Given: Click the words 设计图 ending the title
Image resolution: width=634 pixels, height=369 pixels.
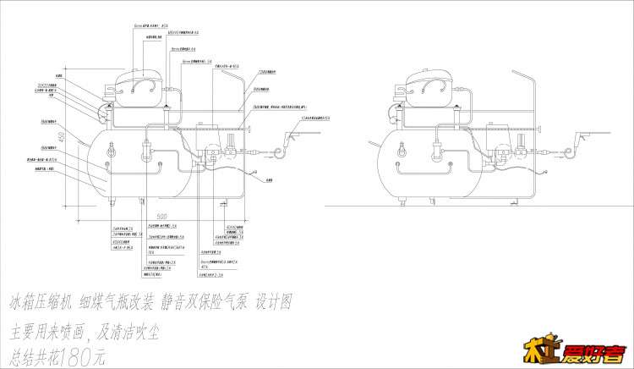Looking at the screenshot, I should point(274,302).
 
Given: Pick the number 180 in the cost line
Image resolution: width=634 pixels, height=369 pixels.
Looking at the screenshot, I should point(85,356).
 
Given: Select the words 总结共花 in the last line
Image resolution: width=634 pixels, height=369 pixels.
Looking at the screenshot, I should point(35,356).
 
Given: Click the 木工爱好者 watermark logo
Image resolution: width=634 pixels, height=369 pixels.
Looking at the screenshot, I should point(582,352).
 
